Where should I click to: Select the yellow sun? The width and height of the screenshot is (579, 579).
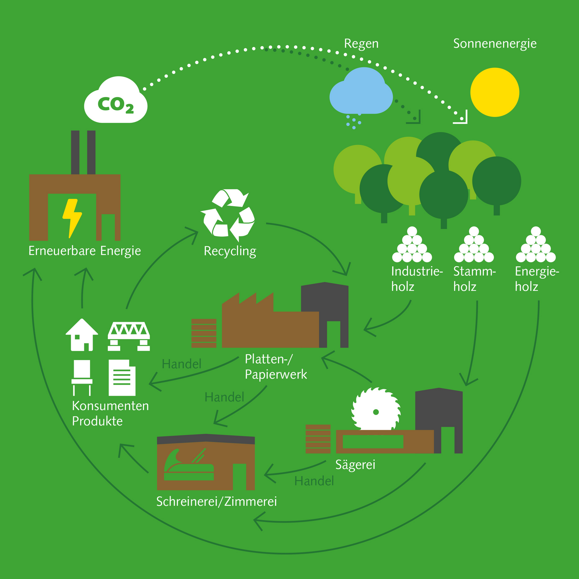[495, 92]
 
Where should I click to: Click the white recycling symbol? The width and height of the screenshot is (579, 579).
[228, 215]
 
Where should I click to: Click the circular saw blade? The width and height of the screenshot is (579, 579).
[376, 410]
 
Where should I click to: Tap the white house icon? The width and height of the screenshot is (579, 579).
[82, 335]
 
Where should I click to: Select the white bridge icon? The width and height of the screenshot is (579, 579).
[129, 336]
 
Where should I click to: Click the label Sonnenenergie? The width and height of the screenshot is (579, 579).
[495, 44]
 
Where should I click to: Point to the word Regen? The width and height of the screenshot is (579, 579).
[361, 44]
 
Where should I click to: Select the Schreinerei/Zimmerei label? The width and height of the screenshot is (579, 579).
[216, 502]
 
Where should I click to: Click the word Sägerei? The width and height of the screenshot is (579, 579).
[355, 464]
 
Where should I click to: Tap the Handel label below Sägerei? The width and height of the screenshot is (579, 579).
[314, 481]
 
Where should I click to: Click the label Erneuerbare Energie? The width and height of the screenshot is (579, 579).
[85, 251]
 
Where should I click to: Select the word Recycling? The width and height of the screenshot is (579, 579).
[230, 251]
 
